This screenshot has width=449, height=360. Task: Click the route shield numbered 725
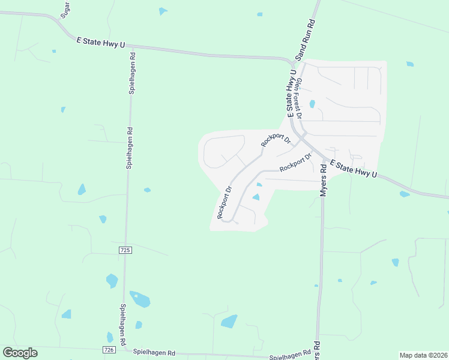(x=125, y=249)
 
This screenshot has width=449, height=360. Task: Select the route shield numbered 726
(x=109, y=350)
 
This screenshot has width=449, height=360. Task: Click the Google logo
(x=20, y=353)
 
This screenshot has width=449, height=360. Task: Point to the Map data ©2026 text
(x=423, y=355)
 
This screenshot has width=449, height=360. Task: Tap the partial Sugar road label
(x=65, y=8)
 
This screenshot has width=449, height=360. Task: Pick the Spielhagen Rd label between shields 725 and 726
(x=123, y=324)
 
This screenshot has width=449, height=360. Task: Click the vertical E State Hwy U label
(x=292, y=93)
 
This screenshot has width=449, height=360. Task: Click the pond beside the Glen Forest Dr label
(x=312, y=104)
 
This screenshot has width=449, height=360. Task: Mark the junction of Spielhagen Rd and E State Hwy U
(x=130, y=46)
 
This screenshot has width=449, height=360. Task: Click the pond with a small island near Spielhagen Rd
(x=140, y=299)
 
